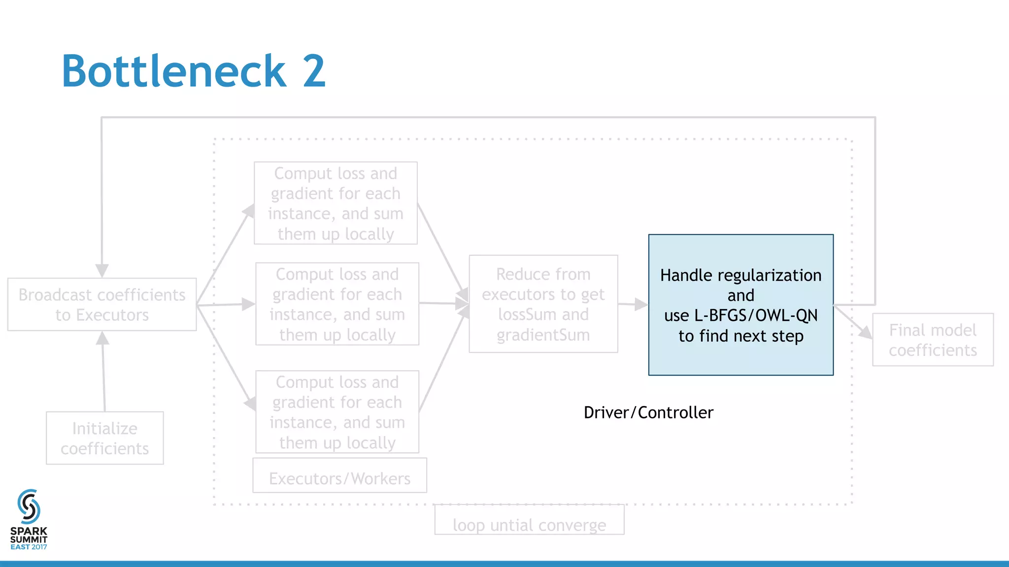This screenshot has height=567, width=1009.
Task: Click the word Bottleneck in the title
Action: (x=174, y=71)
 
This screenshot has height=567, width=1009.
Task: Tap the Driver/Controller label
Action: (x=648, y=412)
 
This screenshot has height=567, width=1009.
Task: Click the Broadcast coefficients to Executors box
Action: (x=102, y=305)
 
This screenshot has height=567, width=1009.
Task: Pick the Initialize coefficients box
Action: (x=104, y=438)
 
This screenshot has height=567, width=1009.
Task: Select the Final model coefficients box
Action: (x=933, y=340)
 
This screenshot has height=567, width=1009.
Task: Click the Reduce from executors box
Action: (x=543, y=304)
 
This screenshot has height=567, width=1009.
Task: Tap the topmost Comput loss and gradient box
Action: (x=336, y=203)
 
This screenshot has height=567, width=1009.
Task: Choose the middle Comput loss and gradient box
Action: (x=337, y=304)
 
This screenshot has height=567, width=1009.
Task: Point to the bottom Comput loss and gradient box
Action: (x=337, y=411)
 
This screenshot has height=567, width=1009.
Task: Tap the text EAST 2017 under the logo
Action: (x=29, y=547)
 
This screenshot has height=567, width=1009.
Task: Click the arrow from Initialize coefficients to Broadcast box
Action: (x=103, y=372)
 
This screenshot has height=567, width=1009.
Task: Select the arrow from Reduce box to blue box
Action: (x=633, y=304)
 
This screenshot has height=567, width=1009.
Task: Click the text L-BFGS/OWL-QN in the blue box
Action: (x=756, y=315)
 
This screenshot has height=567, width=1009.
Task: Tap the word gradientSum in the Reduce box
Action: (x=543, y=335)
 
